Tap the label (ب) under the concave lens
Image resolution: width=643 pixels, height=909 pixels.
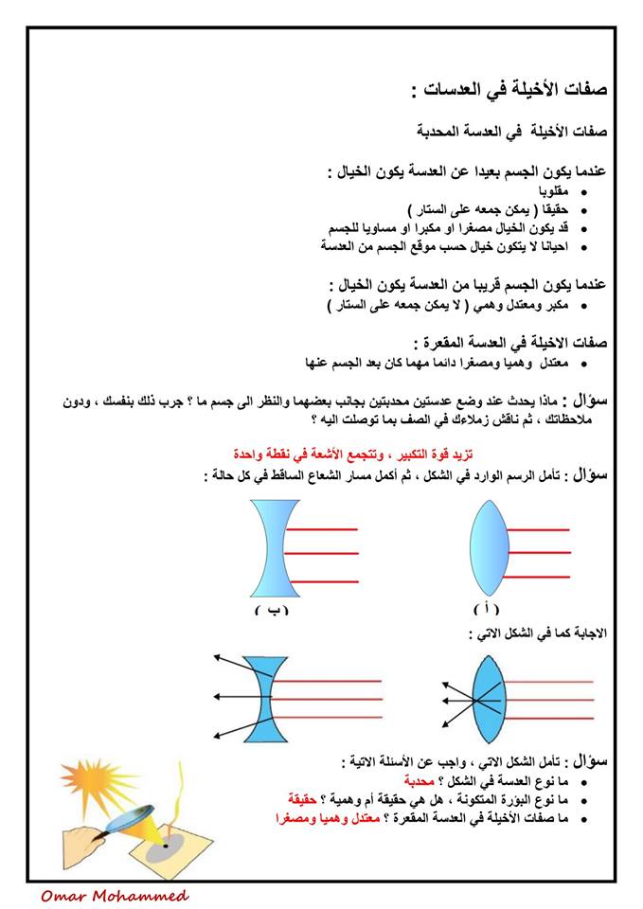point(271,611)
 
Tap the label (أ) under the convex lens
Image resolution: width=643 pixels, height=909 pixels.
point(486,609)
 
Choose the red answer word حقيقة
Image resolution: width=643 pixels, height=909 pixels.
point(309,799)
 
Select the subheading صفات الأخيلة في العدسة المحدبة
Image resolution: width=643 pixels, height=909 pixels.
point(511,129)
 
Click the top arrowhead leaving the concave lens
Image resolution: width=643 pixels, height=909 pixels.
point(217,655)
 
